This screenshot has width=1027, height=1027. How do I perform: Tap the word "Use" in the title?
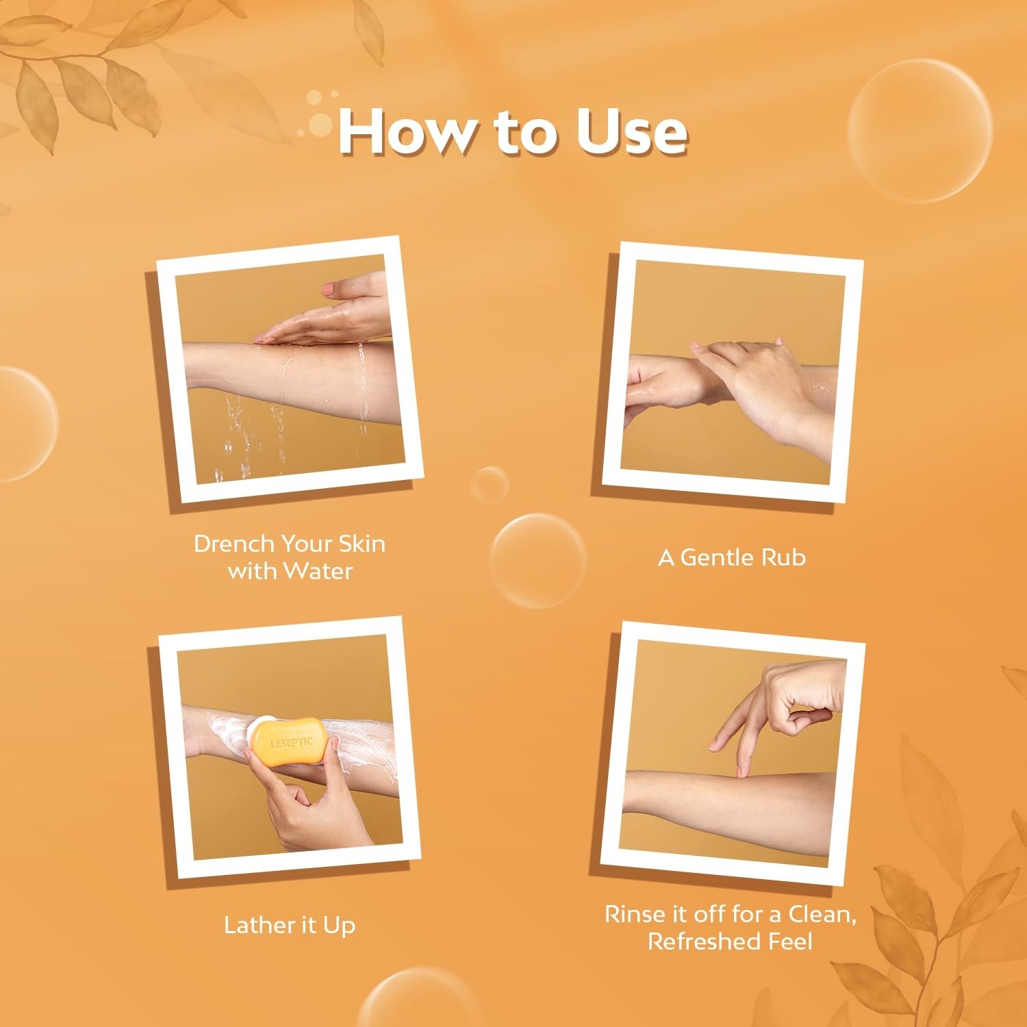[x=631, y=131]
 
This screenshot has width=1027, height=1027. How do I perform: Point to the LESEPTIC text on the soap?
[x=291, y=742]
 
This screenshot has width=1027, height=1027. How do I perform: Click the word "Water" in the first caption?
[x=318, y=570]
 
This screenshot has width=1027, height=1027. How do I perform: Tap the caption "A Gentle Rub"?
[x=732, y=557]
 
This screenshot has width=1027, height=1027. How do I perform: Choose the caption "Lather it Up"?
[x=290, y=925]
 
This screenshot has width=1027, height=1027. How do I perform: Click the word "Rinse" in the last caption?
[x=635, y=914]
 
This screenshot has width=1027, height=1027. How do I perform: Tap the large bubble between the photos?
[x=538, y=561]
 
